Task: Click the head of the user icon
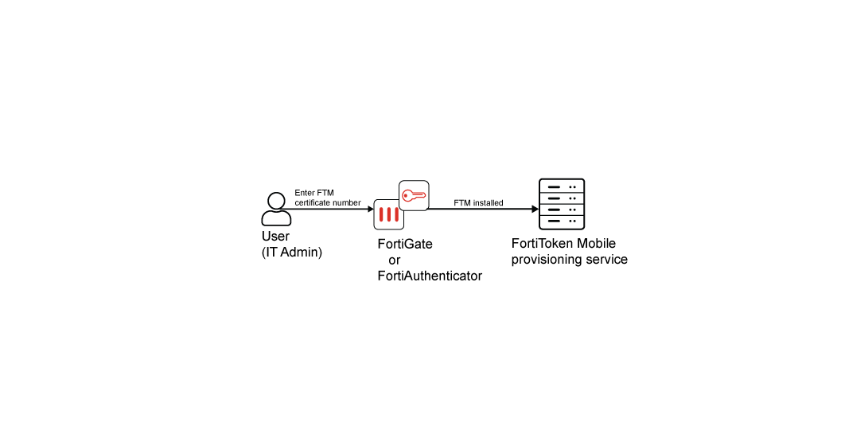pos(276,201)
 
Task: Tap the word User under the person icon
pos(275,237)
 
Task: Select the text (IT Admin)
pos(292,253)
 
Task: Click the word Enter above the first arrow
pos(305,193)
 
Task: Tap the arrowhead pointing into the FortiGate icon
pos(370,209)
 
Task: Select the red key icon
pos(414,195)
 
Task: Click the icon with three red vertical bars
pos(389,214)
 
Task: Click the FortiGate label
pos(405,245)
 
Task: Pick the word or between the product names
pos(394,261)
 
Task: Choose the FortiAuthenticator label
pos(430,276)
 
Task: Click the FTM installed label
pos(478,203)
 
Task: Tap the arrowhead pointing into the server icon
pos(535,209)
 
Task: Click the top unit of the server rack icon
pos(562,187)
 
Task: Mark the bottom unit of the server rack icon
pos(562,221)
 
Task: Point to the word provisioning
pos(544,260)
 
